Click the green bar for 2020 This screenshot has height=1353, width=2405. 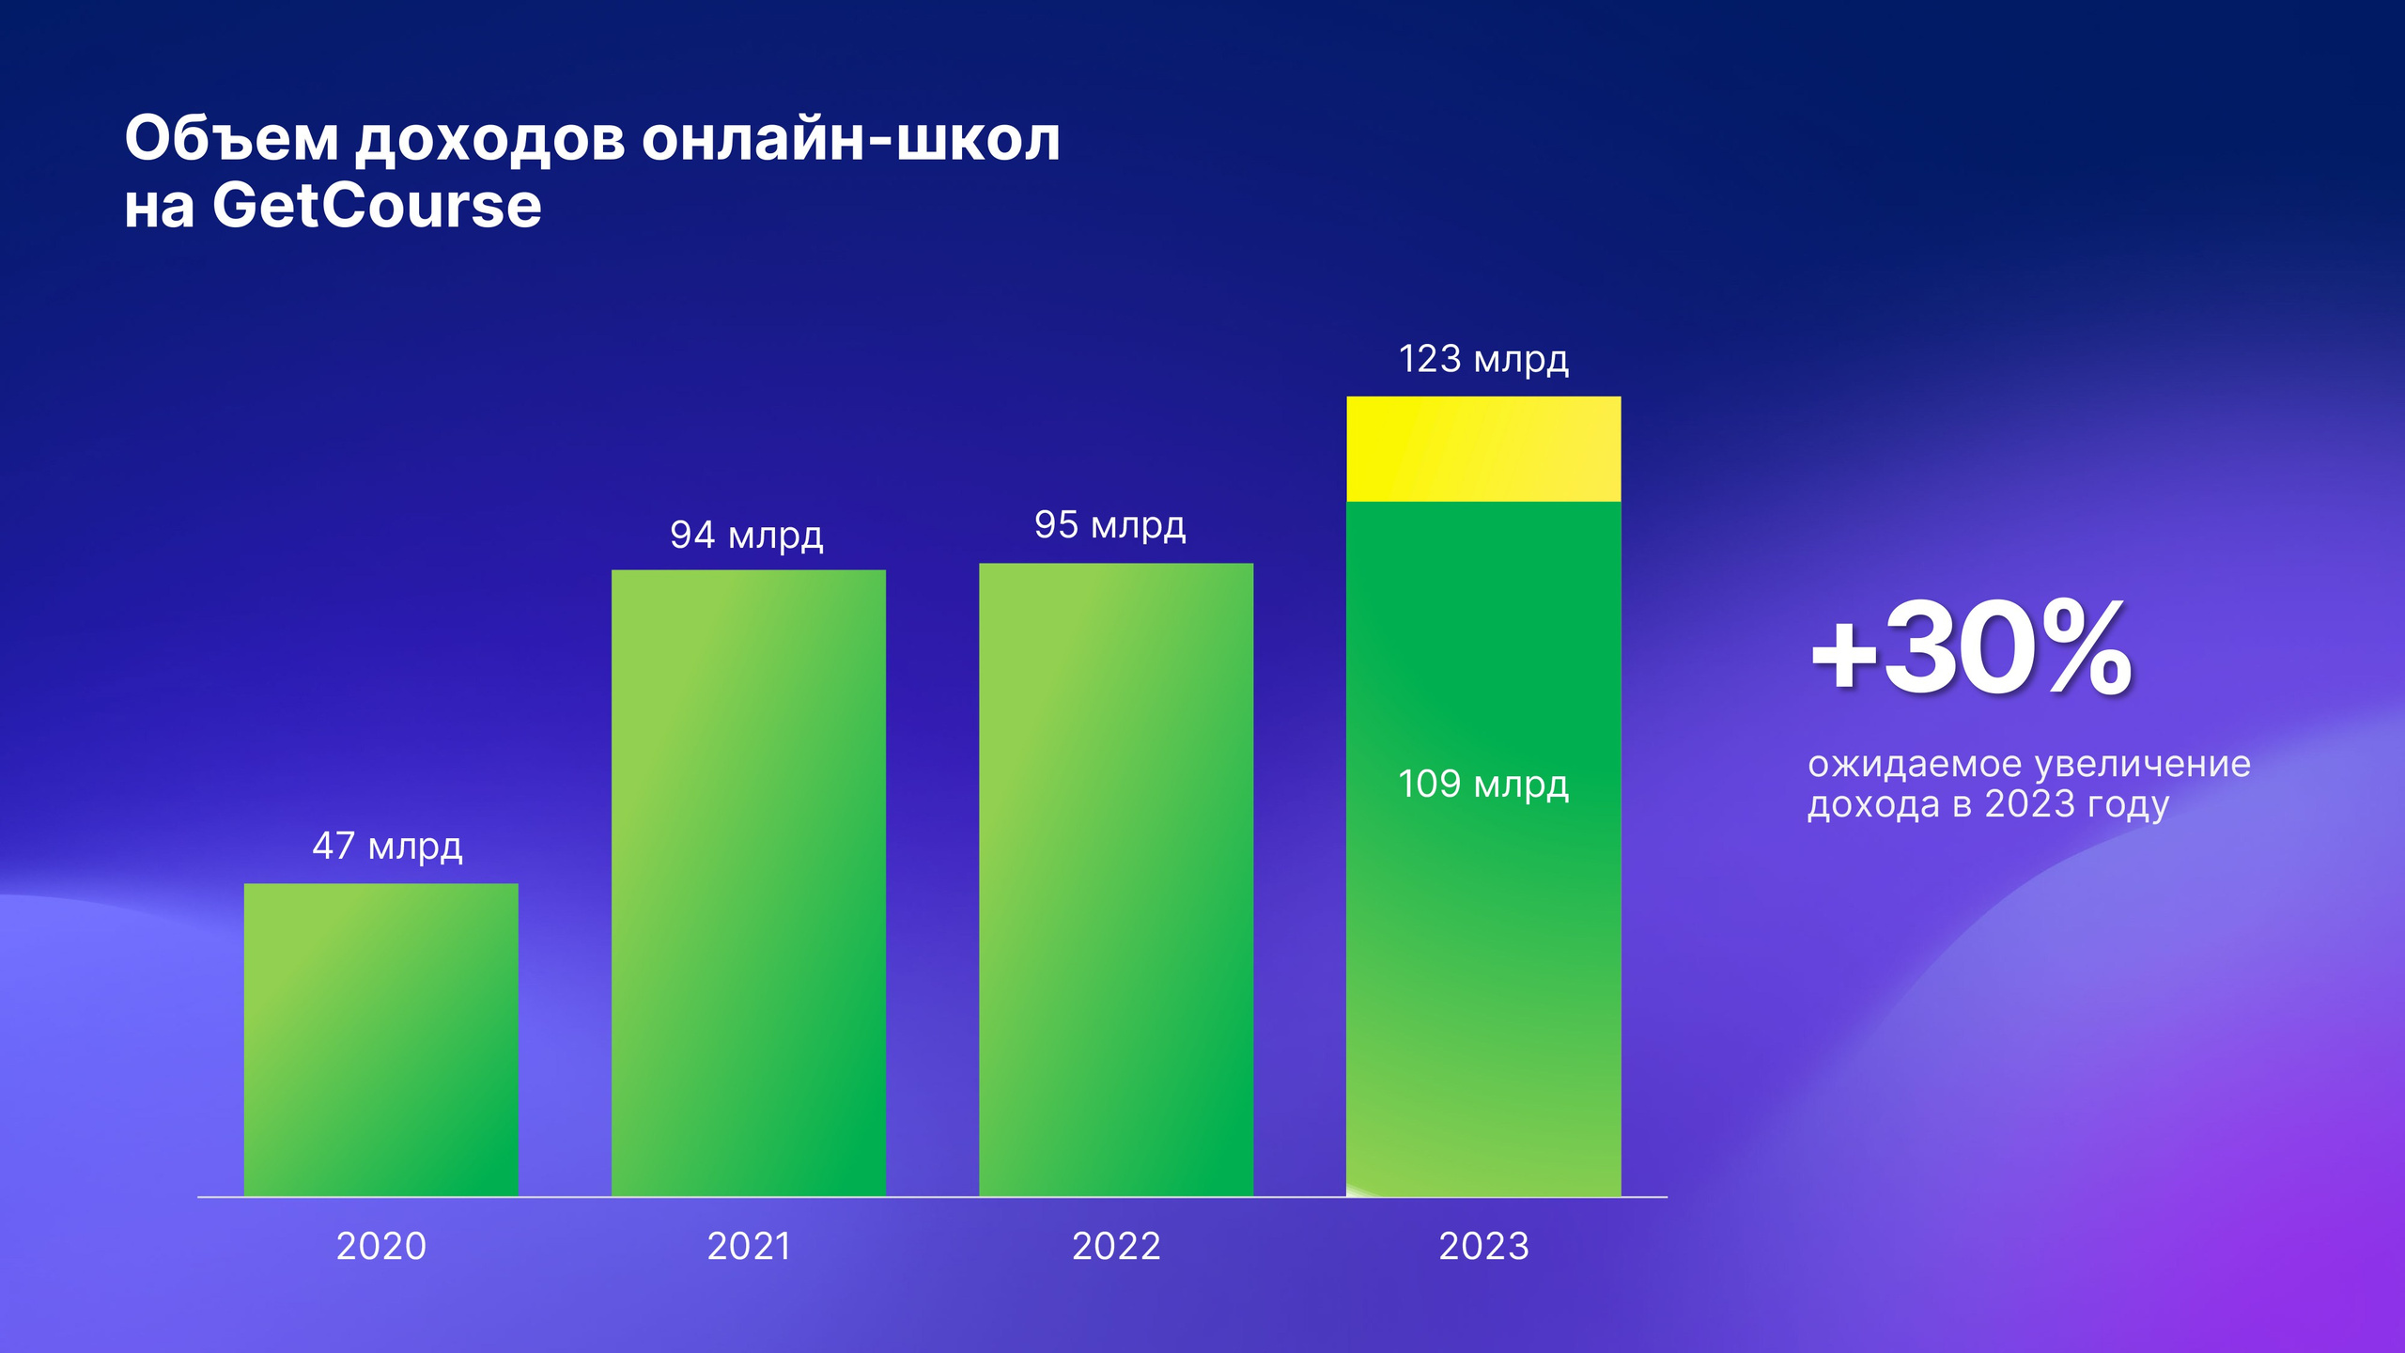tap(380, 1039)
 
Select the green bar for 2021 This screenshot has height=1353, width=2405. tap(748, 883)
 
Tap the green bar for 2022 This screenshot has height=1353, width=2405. tap(1116, 879)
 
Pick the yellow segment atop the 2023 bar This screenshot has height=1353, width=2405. tap(1483, 449)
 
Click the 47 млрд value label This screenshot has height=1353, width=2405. tap(387, 847)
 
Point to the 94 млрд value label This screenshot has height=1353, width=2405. tap(746, 536)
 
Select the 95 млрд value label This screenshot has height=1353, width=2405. tap(1109, 525)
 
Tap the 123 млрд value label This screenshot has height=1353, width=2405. tap(1483, 359)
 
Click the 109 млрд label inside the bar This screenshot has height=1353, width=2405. tap(1482, 785)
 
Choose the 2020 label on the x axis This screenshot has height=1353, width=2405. tap(381, 1247)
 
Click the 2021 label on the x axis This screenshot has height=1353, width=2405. tap(749, 1247)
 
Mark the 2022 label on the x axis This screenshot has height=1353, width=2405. tap(1116, 1247)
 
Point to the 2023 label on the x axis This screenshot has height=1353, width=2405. tap(1483, 1247)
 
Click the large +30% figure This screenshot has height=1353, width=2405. tap(1971, 649)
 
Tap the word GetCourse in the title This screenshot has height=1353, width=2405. tap(377, 206)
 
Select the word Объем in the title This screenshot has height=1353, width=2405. tap(231, 139)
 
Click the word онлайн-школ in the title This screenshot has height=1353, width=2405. tap(851, 139)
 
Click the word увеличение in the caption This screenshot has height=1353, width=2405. tap(2143, 766)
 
